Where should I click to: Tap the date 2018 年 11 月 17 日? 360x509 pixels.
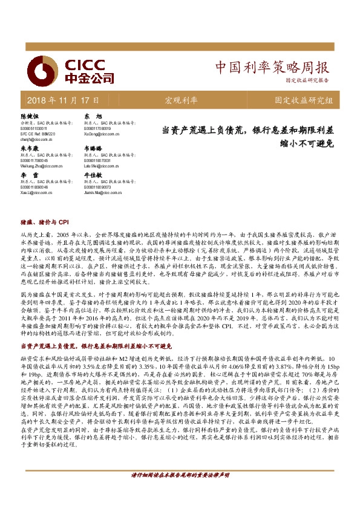click(x=64, y=99)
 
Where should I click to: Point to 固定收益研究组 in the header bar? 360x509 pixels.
click(x=303, y=99)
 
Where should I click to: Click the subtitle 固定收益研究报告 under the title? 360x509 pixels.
click(x=307, y=80)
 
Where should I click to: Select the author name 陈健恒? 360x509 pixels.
click(x=29, y=115)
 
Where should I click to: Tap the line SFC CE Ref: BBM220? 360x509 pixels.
click(x=38, y=133)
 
